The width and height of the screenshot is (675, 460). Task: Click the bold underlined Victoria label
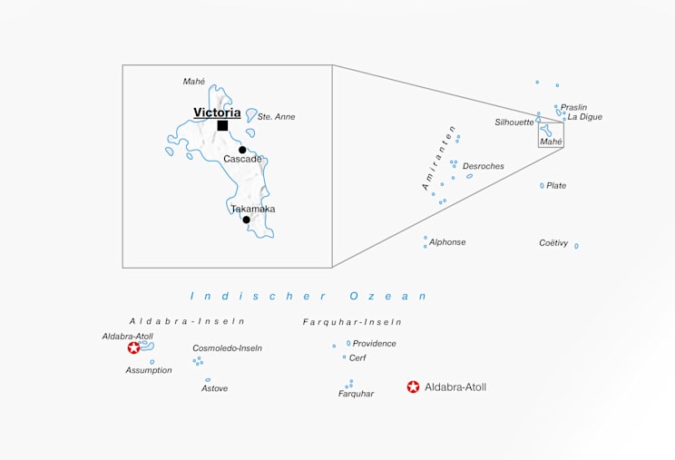[x=217, y=113]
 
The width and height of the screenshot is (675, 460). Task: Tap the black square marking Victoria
[x=222, y=125]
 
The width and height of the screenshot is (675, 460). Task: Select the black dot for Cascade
[x=242, y=150]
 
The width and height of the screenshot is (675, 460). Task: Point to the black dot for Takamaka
[x=246, y=220]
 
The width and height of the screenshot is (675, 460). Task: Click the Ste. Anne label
[x=276, y=117]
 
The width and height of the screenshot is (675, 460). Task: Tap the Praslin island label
[x=573, y=107]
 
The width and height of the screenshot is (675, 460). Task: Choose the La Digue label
[x=585, y=117]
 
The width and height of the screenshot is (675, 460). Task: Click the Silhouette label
[x=514, y=122]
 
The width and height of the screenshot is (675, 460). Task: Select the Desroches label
[x=483, y=166]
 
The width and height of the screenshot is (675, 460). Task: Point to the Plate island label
[x=556, y=185]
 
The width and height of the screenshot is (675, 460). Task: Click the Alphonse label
[x=447, y=242]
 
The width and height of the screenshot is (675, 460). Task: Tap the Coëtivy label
[x=553, y=242]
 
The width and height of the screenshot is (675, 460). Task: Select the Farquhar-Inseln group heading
[x=352, y=322]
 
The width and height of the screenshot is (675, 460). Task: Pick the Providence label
[x=374, y=344]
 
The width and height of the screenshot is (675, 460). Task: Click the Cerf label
[x=357, y=357]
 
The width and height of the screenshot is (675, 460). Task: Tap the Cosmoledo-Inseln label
[x=227, y=347]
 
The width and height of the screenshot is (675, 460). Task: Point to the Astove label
[x=214, y=388]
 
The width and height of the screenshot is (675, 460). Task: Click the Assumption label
[x=149, y=370]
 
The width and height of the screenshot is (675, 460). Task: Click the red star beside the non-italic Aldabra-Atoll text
[x=414, y=387]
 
